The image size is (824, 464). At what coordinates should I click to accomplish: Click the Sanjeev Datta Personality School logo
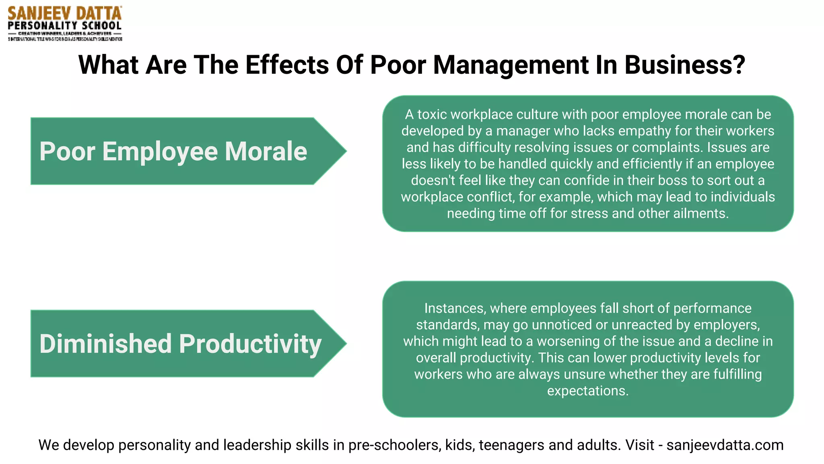[65, 23]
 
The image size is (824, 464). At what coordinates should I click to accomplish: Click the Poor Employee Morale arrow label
[173, 151]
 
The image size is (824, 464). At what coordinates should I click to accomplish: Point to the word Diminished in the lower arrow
[105, 344]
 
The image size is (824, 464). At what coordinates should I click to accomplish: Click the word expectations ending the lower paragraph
[587, 391]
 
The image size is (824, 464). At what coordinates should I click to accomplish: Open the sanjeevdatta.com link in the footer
[725, 445]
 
